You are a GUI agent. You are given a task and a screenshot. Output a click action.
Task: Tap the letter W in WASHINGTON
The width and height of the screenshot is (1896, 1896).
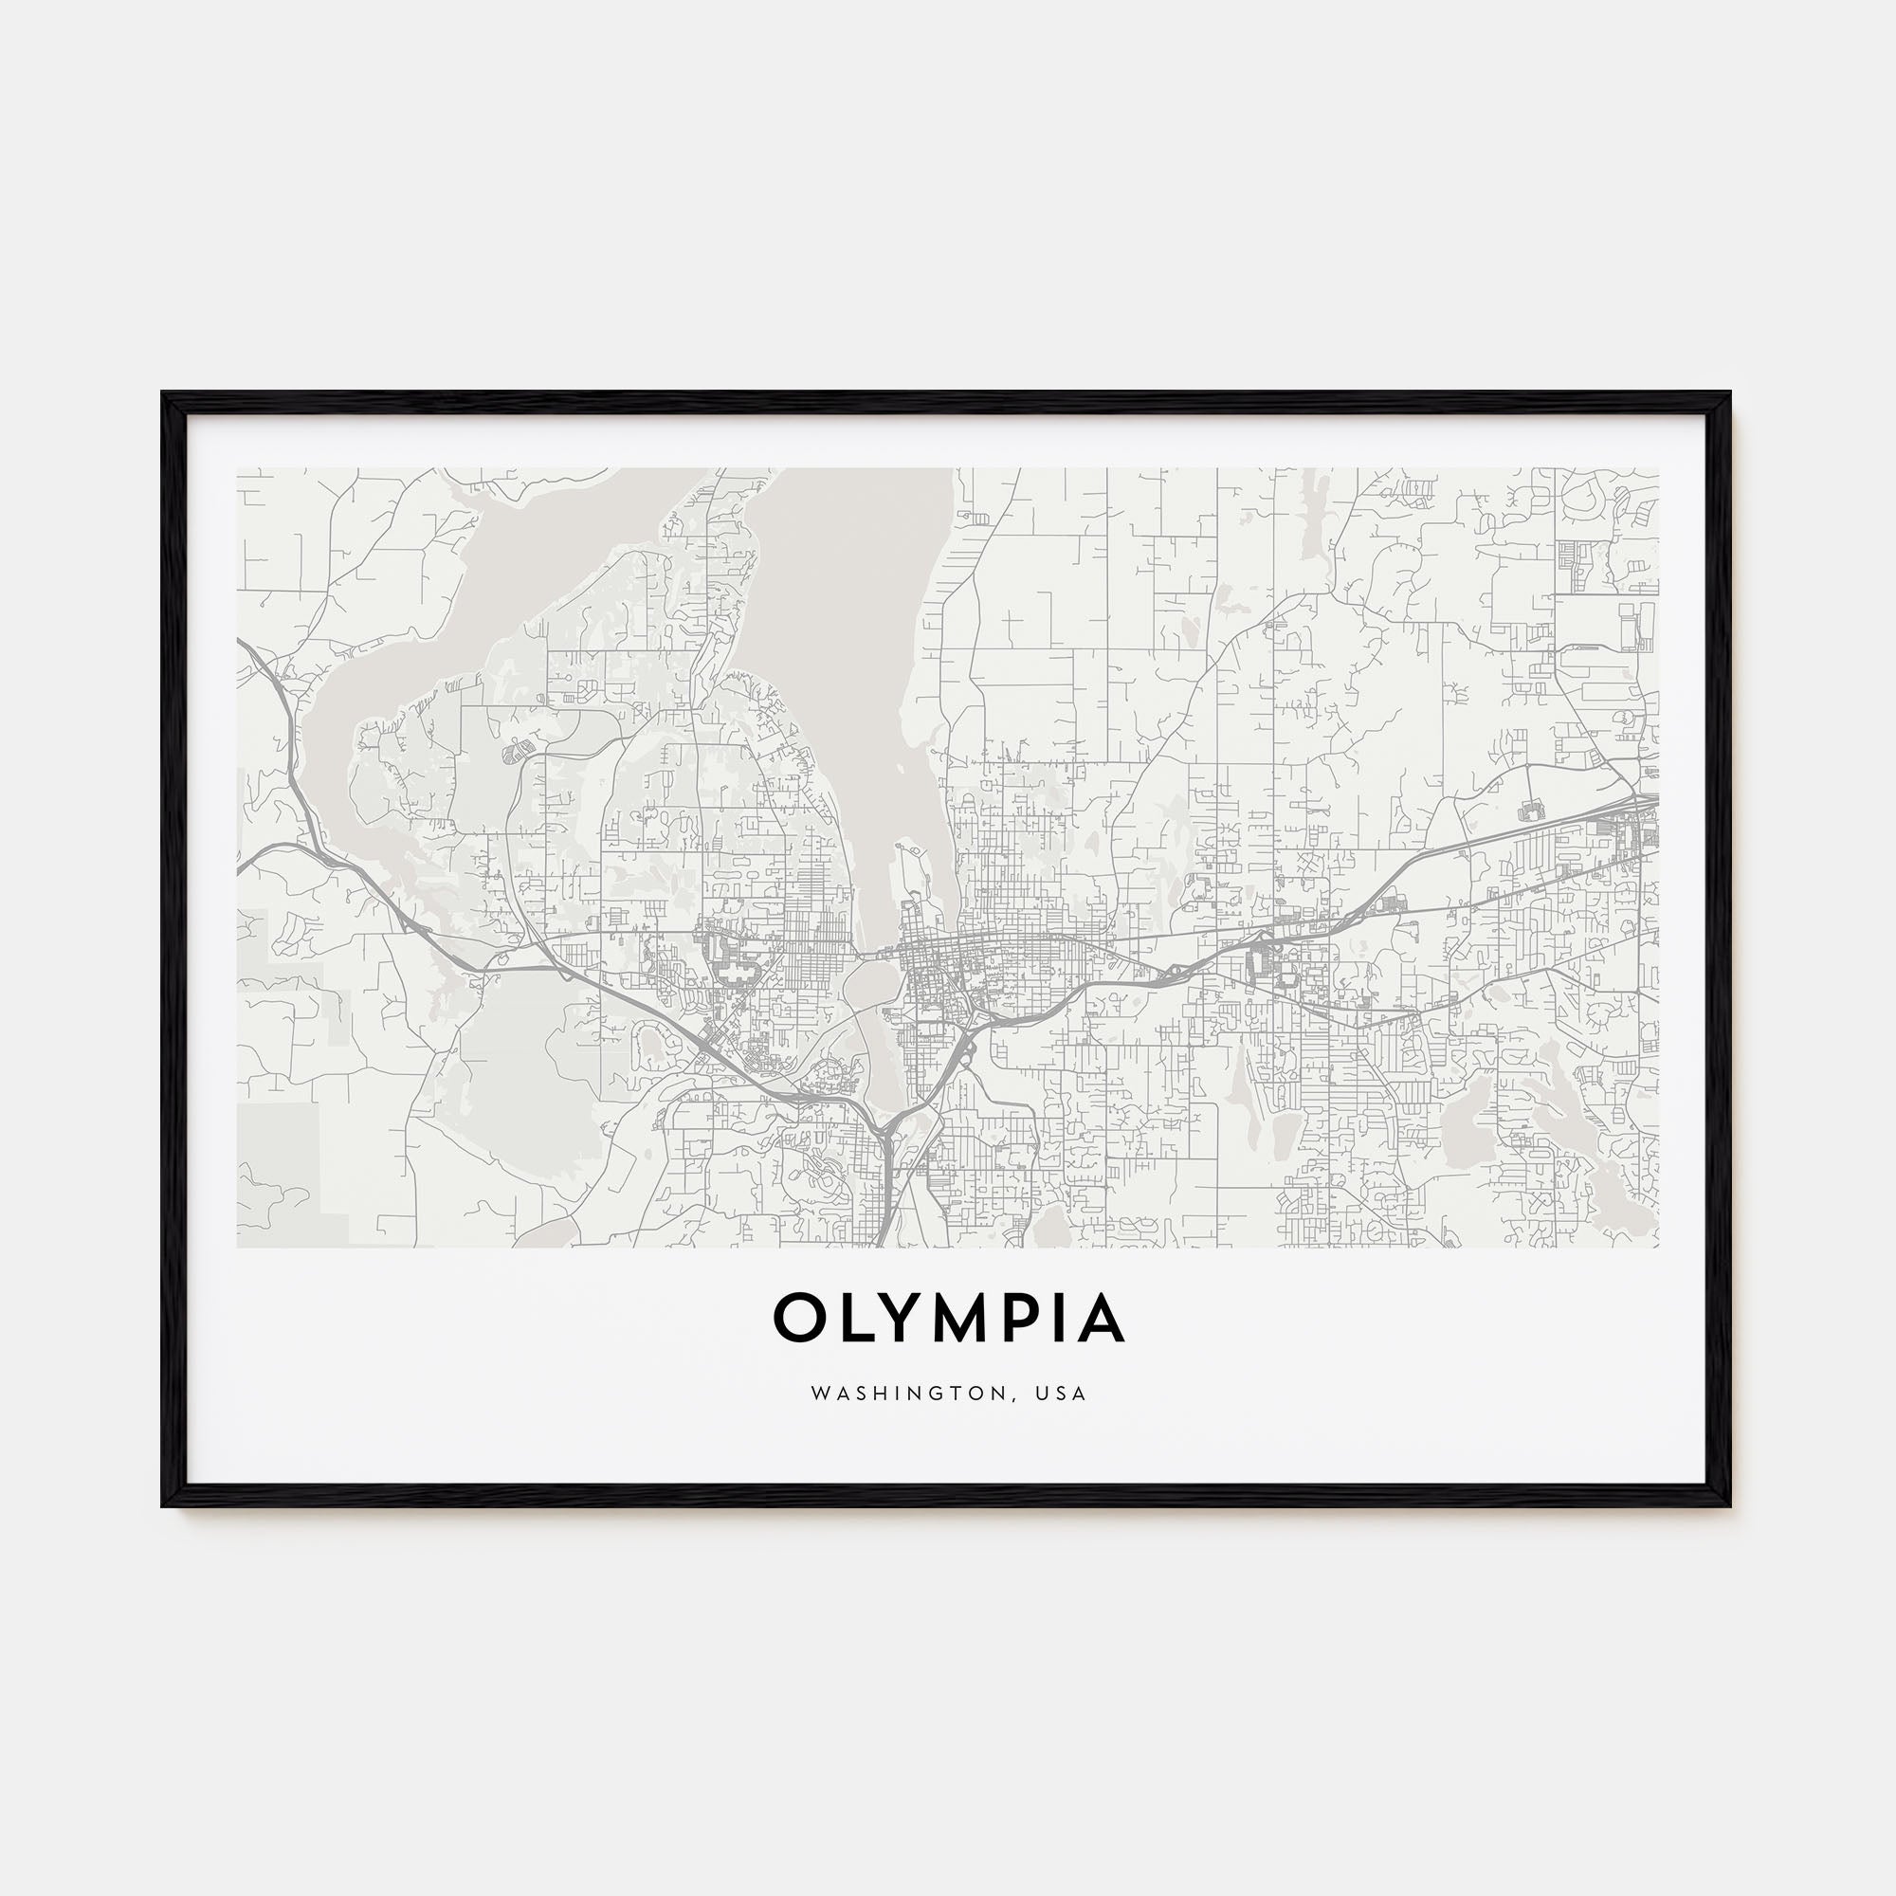point(817,1394)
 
